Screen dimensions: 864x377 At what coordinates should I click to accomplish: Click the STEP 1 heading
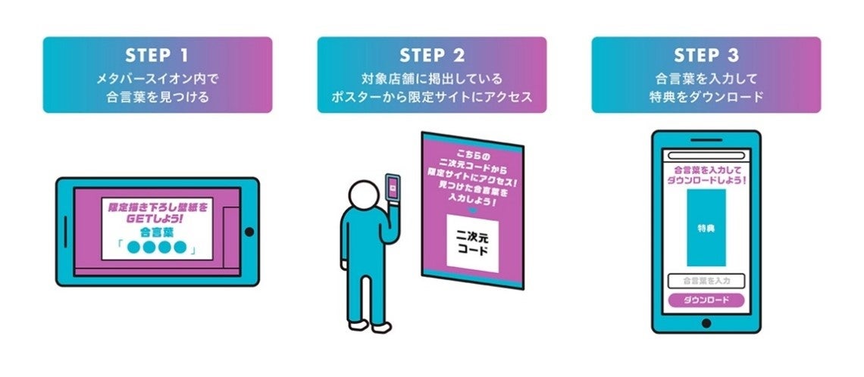157,57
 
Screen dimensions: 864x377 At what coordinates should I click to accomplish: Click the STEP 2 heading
431,57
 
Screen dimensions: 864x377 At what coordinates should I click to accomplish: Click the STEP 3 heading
706,57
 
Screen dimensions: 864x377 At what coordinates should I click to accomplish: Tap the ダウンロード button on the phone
706,300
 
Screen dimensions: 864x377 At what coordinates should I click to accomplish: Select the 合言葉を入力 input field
706,281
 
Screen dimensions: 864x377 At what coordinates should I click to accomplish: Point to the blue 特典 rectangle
706,227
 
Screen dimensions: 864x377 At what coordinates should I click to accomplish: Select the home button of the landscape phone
249,232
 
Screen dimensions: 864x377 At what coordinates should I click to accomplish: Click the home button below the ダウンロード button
706,323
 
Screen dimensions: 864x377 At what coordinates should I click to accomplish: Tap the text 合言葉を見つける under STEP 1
157,97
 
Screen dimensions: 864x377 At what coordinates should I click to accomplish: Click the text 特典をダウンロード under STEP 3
706,97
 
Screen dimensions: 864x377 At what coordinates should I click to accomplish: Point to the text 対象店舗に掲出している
431,79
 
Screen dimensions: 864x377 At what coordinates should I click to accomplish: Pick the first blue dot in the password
133,248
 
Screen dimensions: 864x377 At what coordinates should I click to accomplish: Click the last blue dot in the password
180,248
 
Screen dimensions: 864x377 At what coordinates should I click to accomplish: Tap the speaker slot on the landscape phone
65,232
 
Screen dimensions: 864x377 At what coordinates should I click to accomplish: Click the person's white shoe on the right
382,327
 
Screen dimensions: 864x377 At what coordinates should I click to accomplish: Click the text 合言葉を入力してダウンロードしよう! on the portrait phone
706,176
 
